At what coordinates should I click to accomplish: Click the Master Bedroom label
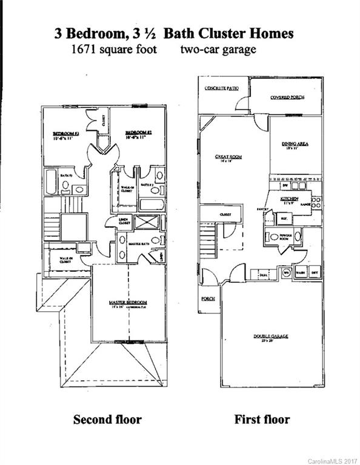pos(128,302)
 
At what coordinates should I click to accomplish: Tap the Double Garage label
pos(270,337)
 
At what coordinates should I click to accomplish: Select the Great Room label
pos(228,157)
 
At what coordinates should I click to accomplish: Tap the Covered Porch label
pos(287,97)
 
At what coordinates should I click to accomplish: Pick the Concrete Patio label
pos(221,88)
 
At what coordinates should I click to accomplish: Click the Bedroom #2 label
pos(138,133)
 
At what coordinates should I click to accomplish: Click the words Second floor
pos(107,419)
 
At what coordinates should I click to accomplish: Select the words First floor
pos(262,419)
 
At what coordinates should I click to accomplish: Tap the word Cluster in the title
pos(210,33)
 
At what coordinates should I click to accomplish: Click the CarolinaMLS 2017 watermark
pos(332,461)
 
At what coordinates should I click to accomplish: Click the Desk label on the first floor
pos(263,275)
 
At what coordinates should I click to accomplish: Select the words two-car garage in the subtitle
pos(218,49)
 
